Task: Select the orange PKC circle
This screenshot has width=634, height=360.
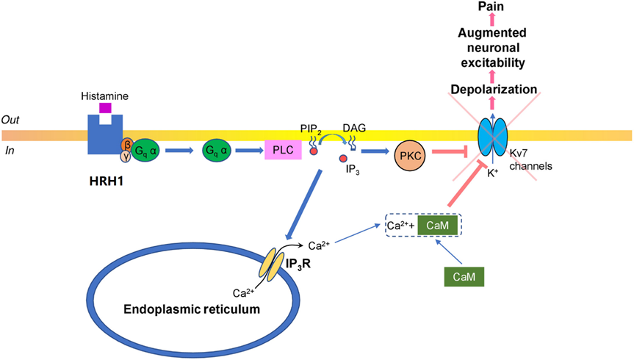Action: click(410, 156)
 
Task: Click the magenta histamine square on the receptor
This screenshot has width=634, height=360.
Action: click(105, 108)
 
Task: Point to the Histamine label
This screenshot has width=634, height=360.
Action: click(105, 96)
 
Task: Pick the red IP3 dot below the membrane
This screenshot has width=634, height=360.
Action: click(343, 158)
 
